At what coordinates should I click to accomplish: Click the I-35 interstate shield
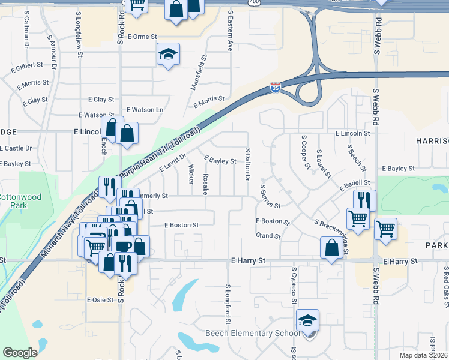click(x=275, y=88)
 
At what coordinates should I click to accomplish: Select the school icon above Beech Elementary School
click(x=307, y=320)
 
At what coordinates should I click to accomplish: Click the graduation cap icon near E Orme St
click(x=169, y=55)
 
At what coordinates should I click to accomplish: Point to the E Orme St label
click(x=141, y=37)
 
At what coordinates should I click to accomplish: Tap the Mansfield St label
click(x=199, y=73)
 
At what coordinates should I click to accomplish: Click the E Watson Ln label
click(x=148, y=110)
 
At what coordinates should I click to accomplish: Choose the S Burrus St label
click(x=270, y=196)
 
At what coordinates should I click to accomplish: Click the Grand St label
click(x=268, y=236)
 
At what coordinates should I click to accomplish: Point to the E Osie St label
click(x=100, y=299)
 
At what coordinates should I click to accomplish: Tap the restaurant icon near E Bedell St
click(x=364, y=200)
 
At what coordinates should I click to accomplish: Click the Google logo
click(x=19, y=353)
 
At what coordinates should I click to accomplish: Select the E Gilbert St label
click(x=27, y=65)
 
